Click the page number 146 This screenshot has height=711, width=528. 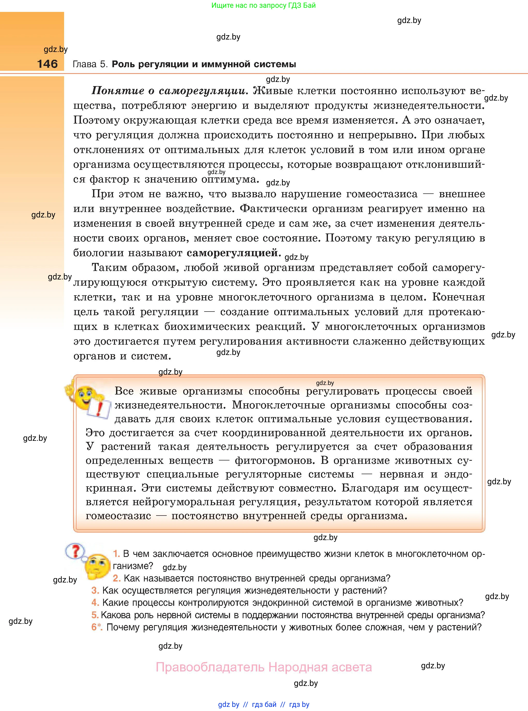coord(47,64)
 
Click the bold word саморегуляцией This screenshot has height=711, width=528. coord(233,253)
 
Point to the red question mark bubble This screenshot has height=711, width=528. coord(75,551)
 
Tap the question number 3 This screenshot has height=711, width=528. coord(95,591)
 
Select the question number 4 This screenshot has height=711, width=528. coord(95,603)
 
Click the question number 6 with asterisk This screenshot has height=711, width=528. coord(96,627)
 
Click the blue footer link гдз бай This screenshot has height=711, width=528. coord(264,704)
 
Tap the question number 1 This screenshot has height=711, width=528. coord(116,554)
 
